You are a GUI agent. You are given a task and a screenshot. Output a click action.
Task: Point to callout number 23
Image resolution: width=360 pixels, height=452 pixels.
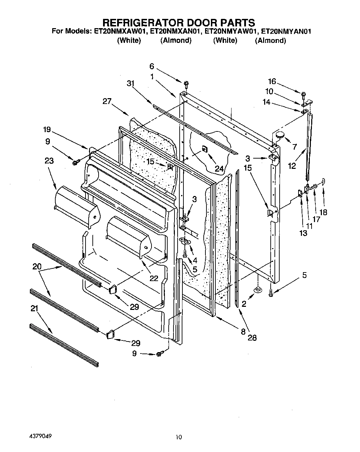49,161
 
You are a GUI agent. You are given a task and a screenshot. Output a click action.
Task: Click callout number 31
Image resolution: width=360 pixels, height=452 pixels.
130,83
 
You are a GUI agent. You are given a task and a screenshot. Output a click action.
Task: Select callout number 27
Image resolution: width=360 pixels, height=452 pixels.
107,101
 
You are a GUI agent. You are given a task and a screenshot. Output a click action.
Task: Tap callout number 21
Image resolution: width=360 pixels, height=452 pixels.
34,309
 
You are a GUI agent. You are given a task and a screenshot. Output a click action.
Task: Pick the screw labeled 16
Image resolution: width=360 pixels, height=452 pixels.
304,94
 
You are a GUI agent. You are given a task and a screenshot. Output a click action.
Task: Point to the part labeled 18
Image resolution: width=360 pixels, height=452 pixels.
323,182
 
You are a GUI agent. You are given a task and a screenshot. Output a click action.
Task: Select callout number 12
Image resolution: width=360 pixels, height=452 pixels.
292,166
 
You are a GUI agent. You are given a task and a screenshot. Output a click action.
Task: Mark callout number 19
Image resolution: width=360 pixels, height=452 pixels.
47,130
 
